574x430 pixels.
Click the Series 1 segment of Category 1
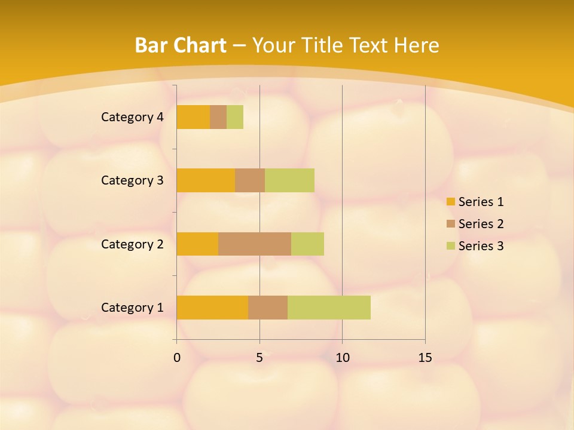point(212,307)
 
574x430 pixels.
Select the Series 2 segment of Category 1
point(268,307)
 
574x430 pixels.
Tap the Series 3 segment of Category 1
point(329,307)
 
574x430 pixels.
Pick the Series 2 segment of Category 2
point(255,244)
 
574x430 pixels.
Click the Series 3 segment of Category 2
point(307,244)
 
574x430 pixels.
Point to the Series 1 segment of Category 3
point(206,180)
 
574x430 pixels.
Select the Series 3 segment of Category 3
point(289,180)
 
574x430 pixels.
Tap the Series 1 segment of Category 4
point(193,117)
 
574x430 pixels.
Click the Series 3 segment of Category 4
point(235,117)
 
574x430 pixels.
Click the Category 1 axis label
point(132,308)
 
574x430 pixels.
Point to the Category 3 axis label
point(132,180)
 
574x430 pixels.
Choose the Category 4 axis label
point(132,117)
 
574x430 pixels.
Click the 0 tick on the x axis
point(177,358)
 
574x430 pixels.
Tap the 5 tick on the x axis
point(259,358)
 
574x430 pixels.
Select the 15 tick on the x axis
point(425,358)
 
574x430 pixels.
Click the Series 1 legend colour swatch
point(450,202)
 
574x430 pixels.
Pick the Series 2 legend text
point(481,224)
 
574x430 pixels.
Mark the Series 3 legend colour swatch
point(450,246)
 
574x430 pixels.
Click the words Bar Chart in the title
point(181,45)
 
